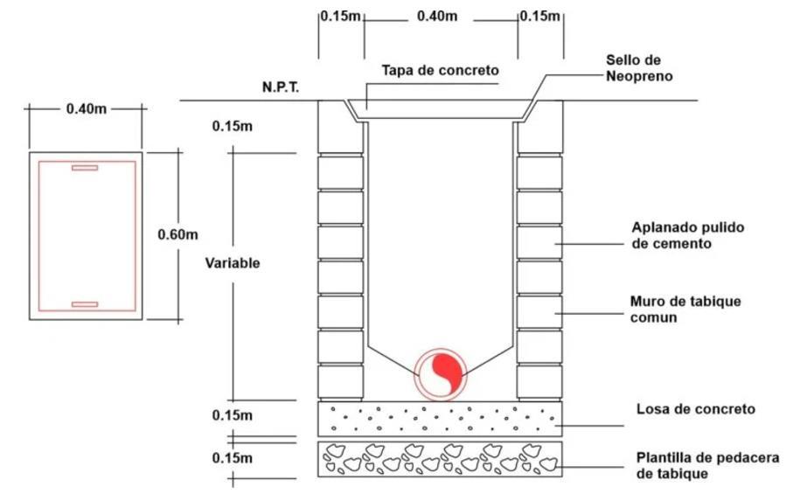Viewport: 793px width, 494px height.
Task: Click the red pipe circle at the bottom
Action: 441,373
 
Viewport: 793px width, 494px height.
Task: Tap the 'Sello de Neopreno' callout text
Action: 642,68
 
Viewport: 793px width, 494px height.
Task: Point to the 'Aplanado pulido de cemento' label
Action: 687,236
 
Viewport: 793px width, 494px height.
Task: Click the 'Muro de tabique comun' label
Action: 685,309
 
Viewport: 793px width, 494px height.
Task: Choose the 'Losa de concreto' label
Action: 696,409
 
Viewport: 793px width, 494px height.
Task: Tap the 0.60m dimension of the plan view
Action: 177,234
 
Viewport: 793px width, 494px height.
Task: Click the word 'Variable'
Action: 232,262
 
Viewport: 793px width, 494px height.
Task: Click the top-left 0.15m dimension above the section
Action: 340,17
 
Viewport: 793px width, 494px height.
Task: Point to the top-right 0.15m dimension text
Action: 540,17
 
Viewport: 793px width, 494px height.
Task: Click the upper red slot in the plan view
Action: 85,167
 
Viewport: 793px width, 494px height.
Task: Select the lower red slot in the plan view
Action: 85,304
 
